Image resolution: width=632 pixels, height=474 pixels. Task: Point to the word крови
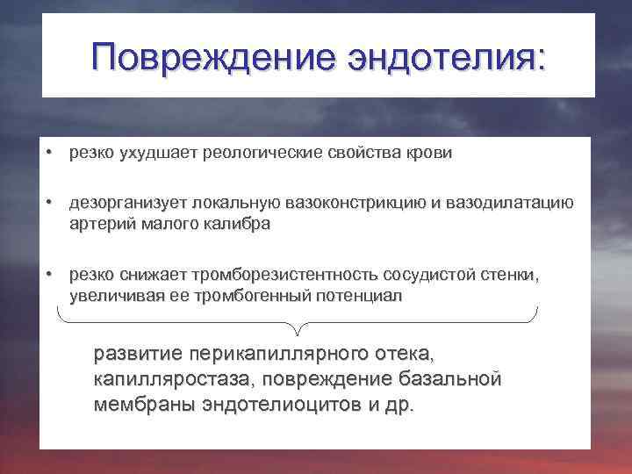coord(430,154)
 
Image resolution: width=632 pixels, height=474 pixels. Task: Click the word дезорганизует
coord(120,204)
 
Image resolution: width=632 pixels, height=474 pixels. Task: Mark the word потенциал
coord(362,297)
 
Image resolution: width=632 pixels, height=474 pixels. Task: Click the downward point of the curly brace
coord(298,333)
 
